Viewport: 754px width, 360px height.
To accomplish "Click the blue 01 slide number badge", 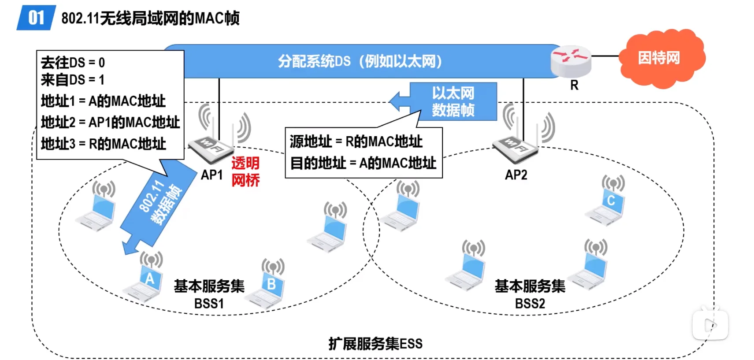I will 36,18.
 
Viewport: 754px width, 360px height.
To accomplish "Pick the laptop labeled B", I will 267,287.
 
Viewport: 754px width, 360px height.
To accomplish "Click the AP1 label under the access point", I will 212,175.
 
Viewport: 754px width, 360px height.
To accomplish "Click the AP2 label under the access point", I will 516,175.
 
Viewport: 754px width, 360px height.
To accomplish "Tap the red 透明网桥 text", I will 245,172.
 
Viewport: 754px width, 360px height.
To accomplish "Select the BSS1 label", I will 209,304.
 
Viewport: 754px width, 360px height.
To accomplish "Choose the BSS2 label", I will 530,304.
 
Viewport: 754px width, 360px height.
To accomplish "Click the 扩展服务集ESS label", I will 375,344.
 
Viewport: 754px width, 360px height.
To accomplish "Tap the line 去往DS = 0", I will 73,63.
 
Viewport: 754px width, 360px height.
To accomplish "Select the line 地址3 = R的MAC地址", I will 104,144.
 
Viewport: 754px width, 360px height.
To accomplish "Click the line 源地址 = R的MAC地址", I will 356,141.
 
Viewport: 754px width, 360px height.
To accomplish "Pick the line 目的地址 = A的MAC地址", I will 363,163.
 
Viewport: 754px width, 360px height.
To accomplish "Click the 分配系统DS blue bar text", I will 360,61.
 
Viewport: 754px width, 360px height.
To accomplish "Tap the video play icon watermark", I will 710,325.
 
